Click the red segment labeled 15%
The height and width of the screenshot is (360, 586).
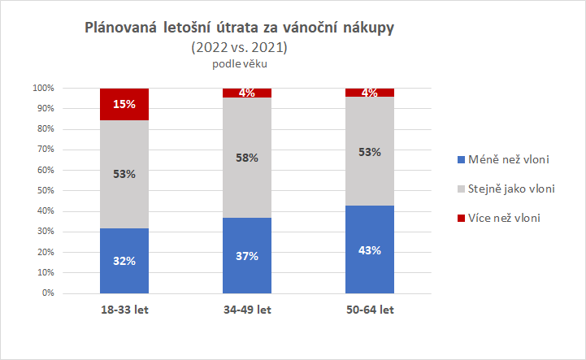tap(124, 103)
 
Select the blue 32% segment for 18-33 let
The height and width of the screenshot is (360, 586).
tap(124, 260)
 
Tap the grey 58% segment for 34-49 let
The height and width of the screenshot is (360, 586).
tap(247, 158)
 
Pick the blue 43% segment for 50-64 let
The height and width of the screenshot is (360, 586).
tap(370, 249)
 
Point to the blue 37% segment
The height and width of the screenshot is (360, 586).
tap(247, 255)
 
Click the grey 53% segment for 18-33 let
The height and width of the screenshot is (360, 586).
tap(124, 174)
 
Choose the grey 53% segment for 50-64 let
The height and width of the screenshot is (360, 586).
tap(370, 151)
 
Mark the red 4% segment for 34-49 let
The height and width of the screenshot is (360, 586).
tap(247, 93)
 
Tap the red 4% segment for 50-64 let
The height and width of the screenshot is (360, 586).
tap(370, 93)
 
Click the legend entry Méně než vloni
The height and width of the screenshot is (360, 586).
tap(503, 159)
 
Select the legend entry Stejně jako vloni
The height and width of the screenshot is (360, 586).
tap(507, 189)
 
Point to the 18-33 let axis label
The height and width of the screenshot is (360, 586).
tap(124, 310)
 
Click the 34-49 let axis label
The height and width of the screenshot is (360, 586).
tap(247, 310)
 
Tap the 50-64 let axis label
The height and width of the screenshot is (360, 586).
tap(370, 310)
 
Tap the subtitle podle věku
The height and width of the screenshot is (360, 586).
tap(239, 64)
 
